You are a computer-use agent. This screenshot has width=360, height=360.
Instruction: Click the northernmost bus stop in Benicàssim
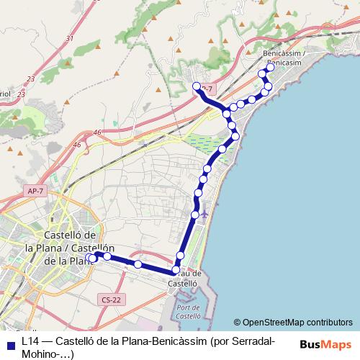point(271,68)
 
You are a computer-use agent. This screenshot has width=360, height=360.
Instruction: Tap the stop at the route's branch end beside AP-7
point(197,86)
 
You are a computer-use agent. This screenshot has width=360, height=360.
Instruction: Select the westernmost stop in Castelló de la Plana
point(89,257)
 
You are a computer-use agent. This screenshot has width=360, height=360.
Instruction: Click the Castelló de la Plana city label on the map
point(61,248)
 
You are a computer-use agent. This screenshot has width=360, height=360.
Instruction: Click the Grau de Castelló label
point(184,279)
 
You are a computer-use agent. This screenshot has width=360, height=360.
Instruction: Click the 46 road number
point(97,132)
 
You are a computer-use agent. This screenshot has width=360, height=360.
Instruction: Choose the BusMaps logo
point(325,345)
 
